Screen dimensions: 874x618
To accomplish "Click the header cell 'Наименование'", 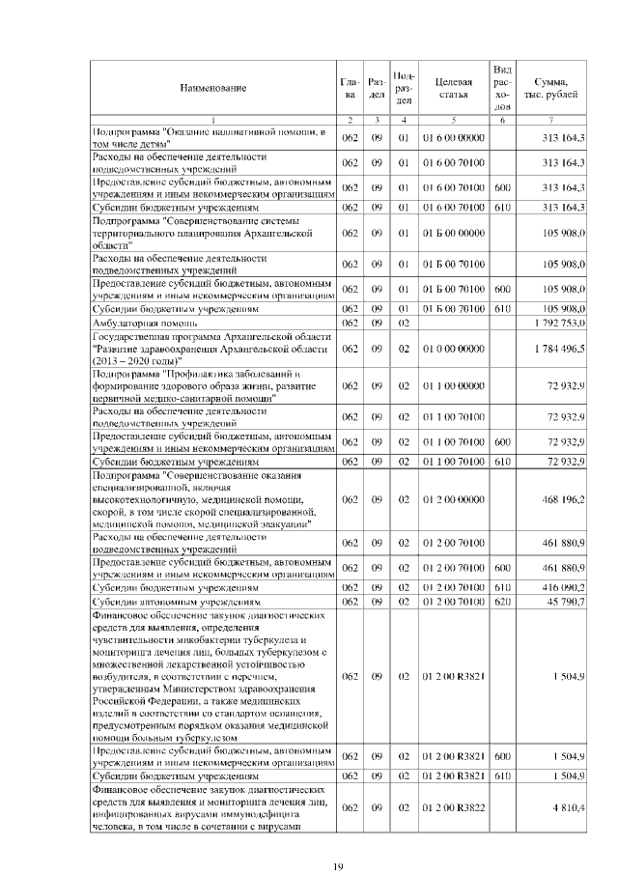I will pos(211,89).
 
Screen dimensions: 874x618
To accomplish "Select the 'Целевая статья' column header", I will pos(453,89).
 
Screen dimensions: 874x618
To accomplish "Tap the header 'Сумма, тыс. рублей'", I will pos(550,89).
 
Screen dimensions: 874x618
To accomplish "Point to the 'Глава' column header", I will pos(351,89).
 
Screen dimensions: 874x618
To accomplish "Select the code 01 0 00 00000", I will pos(453,348).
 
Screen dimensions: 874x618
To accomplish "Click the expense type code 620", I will pos(501,601).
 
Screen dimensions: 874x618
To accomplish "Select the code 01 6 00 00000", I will pos(453,138).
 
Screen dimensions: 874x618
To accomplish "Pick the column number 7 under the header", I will pos(550,119).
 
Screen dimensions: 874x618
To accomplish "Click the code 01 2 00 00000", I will pos(453,499).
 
